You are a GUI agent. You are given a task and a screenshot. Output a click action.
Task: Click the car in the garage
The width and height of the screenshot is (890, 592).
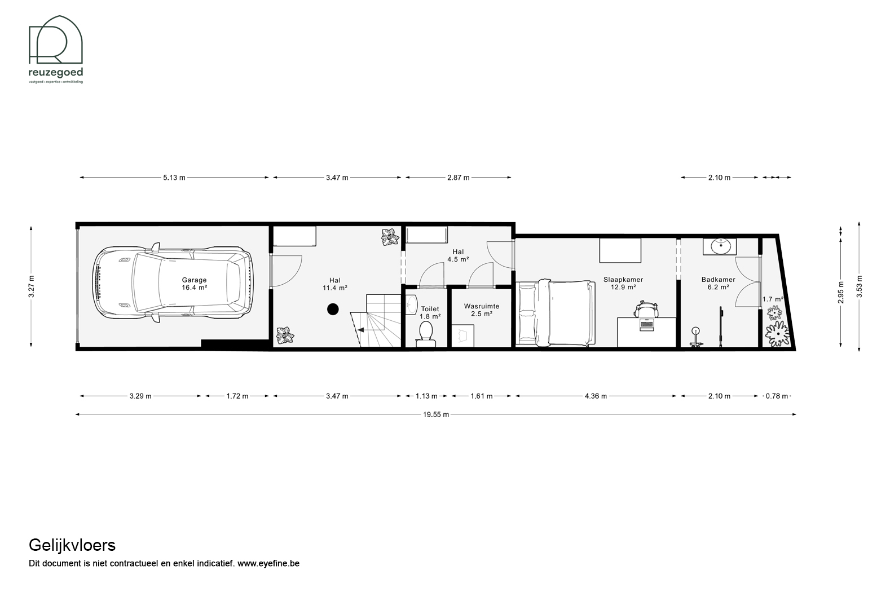pyautogui.click(x=173, y=283)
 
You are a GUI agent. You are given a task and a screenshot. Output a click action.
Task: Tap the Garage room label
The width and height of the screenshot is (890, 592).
pyautogui.click(x=194, y=280)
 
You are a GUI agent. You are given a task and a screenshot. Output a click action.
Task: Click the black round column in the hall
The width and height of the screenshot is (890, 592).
pyautogui.click(x=333, y=309)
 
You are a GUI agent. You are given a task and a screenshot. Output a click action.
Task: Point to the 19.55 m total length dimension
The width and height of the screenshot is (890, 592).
pyautogui.click(x=436, y=414)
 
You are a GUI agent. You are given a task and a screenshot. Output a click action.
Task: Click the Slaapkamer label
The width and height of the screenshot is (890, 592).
pyautogui.click(x=623, y=279)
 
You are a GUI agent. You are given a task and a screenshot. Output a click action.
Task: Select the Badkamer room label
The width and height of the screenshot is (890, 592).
pyautogui.click(x=719, y=279)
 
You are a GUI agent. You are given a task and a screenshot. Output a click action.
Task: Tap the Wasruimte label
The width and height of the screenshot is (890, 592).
pyautogui.click(x=482, y=306)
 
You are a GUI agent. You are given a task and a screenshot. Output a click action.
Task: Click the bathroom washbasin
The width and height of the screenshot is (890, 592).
pyautogui.click(x=720, y=247)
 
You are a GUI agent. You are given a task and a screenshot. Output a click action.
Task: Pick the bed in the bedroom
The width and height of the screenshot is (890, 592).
pyautogui.click(x=556, y=313)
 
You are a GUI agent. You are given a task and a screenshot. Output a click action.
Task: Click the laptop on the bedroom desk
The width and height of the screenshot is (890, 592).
pyautogui.click(x=646, y=324)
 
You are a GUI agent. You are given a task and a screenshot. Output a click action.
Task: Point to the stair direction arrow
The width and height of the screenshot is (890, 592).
pyautogui.click(x=361, y=330)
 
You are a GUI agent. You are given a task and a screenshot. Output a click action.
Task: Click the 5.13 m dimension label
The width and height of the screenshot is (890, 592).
pyautogui.click(x=174, y=178)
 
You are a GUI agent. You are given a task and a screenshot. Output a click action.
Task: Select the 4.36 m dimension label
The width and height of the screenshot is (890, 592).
pyautogui.click(x=596, y=396)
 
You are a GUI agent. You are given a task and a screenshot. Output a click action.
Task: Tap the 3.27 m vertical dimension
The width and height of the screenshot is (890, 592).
pyautogui.click(x=32, y=286)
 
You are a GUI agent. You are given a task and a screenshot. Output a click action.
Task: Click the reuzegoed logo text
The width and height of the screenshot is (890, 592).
pyautogui.click(x=56, y=73)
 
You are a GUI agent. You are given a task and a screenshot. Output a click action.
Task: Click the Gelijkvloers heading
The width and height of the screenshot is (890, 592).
pyautogui.click(x=72, y=545)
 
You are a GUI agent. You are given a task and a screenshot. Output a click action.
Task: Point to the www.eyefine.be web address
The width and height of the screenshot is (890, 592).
pyautogui.click(x=268, y=563)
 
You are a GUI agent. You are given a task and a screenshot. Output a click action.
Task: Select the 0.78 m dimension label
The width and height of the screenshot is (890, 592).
pyautogui.click(x=777, y=396)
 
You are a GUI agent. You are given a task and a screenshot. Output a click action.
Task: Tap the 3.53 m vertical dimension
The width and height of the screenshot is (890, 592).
pyautogui.click(x=859, y=286)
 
